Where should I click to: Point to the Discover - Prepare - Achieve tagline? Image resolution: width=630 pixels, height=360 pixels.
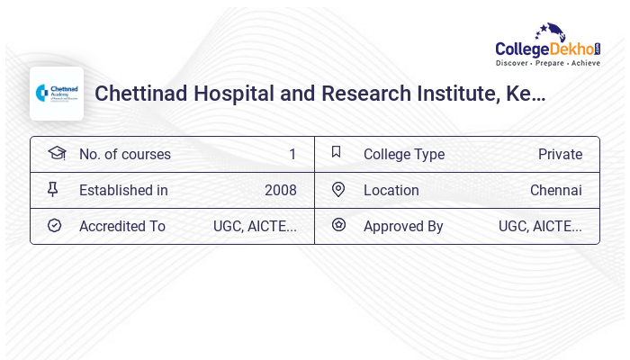pyautogui.click(x=547, y=64)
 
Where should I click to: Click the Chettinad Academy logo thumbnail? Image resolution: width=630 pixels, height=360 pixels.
pyautogui.click(x=57, y=94)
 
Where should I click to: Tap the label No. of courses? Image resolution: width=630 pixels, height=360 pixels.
pyautogui.click(x=125, y=154)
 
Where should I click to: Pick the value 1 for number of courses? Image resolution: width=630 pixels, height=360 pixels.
pyautogui.click(x=292, y=154)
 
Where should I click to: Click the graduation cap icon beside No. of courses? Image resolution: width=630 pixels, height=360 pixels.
pyautogui.click(x=57, y=153)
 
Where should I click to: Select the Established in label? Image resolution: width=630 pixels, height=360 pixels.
pyautogui.click(x=123, y=190)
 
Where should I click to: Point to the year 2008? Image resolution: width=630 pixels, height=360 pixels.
pyautogui.click(x=281, y=190)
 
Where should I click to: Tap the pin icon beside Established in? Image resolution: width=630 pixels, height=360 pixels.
pyautogui.click(x=53, y=189)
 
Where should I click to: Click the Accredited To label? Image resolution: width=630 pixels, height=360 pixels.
pyautogui.click(x=122, y=226)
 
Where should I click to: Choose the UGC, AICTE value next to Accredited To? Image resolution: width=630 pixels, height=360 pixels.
pyautogui.click(x=255, y=226)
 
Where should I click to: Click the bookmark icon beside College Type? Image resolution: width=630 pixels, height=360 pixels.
pyautogui.click(x=337, y=152)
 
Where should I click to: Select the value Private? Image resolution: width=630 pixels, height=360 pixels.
pyautogui.click(x=560, y=154)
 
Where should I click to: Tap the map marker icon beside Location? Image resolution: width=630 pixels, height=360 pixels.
pyautogui.click(x=338, y=189)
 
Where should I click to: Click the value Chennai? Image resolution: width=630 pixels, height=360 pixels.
pyautogui.click(x=555, y=190)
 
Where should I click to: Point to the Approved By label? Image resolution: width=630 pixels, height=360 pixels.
pyautogui.click(x=403, y=226)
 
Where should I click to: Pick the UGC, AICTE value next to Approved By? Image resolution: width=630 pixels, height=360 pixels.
pyautogui.click(x=540, y=226)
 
